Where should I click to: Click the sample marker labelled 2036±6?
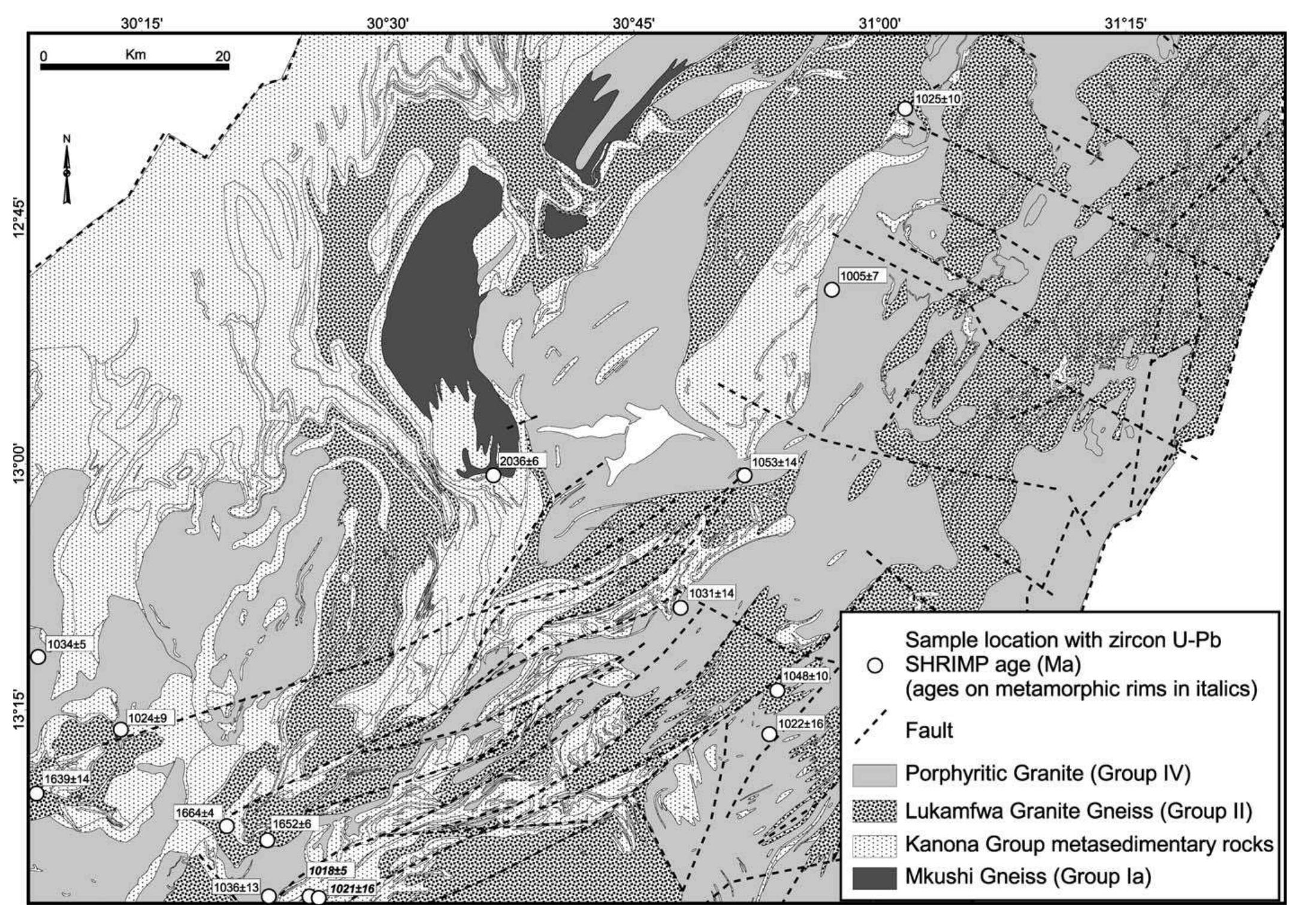493,475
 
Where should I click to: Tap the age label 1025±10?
938,98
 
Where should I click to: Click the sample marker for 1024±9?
121,729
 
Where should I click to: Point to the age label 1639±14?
67,779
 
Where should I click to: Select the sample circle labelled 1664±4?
226,826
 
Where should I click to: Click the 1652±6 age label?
292,824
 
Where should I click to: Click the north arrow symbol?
67,171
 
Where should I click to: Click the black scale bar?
135,67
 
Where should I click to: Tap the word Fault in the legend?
929,731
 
